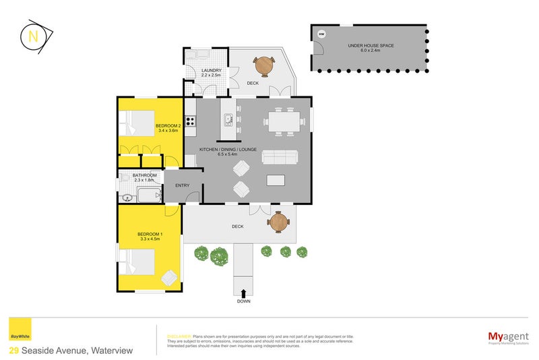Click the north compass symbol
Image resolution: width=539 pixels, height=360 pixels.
tap(34, 37)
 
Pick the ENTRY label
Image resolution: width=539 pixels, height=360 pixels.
tap(182, 185)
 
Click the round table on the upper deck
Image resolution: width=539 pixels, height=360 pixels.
tap(263, 65)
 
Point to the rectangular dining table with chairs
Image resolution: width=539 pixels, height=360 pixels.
tap(282, 122)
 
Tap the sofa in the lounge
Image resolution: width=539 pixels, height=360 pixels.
tap(279, 157)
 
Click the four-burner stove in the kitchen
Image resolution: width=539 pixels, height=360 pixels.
tap(191, 121)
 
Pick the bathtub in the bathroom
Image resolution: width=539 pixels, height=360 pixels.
tap(148, 197)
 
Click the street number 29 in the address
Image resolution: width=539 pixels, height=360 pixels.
tap(13, 351)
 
